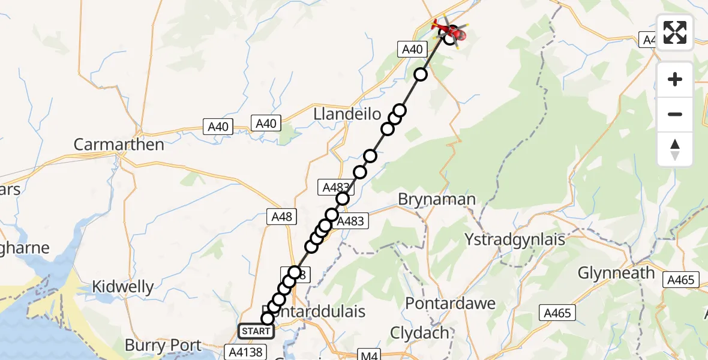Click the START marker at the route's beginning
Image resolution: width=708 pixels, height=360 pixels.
(256, 331)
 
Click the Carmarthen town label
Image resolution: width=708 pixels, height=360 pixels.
(119, 145)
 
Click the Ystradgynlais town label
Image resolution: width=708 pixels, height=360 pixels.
(515, 239)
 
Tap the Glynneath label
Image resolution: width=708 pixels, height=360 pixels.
(616, 273)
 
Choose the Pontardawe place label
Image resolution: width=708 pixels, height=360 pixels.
(450, 303)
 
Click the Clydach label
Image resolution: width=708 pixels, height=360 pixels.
(419, 332)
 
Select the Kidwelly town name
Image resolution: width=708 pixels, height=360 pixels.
(122, 287)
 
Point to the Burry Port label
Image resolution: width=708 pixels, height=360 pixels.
(163, 345)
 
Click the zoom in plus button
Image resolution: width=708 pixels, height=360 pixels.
(675, 80)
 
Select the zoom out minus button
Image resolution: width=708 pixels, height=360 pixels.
(675, 114)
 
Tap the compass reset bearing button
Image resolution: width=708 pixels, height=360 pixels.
(675, 149)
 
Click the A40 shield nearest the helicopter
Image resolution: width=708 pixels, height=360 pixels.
(412, 50)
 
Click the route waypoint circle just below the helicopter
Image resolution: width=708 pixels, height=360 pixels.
(421, 74)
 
